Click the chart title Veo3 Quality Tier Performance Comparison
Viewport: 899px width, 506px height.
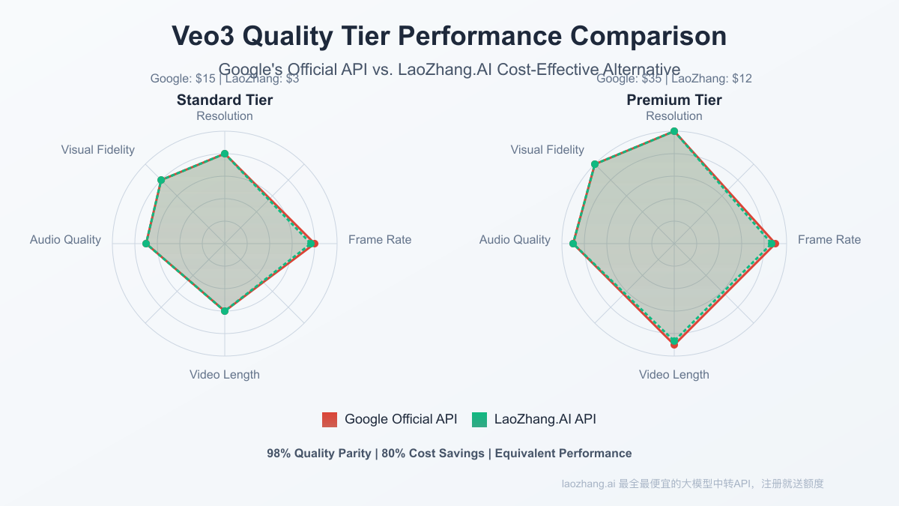pyautogui.click(x=449, y=36)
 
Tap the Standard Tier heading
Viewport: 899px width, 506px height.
pyautogui.click(x=225, y=100)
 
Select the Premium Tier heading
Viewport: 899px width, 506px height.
pyautogui.click(x=674, y=100)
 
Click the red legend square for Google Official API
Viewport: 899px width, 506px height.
pyautogui.click(x=330, y=420)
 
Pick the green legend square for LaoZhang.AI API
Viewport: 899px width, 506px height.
pyautogui.click(x=479, y=420)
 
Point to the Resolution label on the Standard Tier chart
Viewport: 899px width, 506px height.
pyautogui.click(x=225, y=116)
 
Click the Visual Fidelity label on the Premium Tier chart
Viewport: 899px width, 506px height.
pyautogui.click(x=547, y=150)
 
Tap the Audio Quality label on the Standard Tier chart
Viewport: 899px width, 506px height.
pyautogui.click(x=65, y=240)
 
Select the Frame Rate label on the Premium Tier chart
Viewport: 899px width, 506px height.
pyautogui.click(x=829, y=240)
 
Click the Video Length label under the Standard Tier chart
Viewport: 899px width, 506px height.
pyautogui.click(x=225, y=375)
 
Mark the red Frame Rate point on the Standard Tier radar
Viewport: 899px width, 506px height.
pyautogui.click(x=315, y=244)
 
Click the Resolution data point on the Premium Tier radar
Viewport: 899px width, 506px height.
pyautogui.click(x=674, y=131)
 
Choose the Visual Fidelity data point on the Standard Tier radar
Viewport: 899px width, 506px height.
pyautogui.click(x=161, y=180)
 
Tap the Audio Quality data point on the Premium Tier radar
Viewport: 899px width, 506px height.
pyautogui.click(x=573, y=244)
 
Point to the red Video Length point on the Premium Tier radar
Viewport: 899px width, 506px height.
pyautogui.click(x=674, y=345)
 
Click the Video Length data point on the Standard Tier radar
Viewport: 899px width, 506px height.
pyautogui.click(x=225, y=310)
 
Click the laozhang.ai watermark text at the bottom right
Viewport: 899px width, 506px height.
pyautogui.click(x=588, y=484)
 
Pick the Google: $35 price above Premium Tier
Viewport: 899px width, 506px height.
pyautogui.click(x=630, y=79)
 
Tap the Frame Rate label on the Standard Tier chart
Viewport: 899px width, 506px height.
pyautogui.click(x=380, y=240)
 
